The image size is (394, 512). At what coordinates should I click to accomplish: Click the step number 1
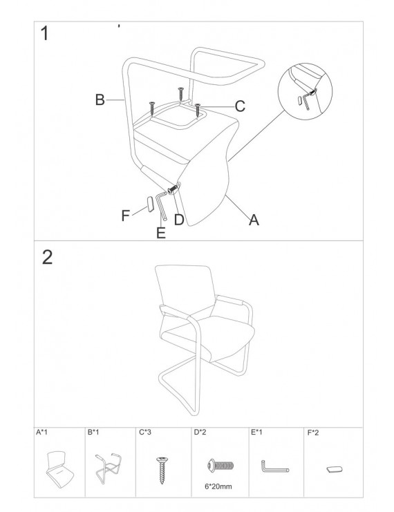click(45, 33)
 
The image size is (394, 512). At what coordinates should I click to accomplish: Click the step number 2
click(48, 257)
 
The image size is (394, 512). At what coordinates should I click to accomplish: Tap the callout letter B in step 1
click(100, 99)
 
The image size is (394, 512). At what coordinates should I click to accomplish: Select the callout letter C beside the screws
click(240, 106)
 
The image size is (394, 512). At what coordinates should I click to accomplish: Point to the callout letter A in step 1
click(254, 220)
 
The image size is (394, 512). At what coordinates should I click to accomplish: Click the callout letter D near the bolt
click(179, 220)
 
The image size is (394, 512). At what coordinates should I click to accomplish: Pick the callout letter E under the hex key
click(161, 233)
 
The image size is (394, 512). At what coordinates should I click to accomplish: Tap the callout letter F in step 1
click(125, 216)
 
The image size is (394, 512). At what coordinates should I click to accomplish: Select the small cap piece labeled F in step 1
click(150, 205)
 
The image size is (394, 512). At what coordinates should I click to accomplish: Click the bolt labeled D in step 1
click(173, 189)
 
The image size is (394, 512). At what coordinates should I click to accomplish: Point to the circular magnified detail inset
click(305, 92)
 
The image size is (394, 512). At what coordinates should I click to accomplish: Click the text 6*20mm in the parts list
click(218, 486)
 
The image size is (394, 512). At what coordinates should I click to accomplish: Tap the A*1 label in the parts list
click(41, 433)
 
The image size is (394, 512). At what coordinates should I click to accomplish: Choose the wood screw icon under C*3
click(162, 471)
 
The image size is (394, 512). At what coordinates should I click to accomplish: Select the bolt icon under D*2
click(221, 465)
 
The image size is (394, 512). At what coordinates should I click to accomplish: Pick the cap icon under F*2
click(335, 470)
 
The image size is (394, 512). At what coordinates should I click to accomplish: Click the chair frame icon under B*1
click(109, 468)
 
